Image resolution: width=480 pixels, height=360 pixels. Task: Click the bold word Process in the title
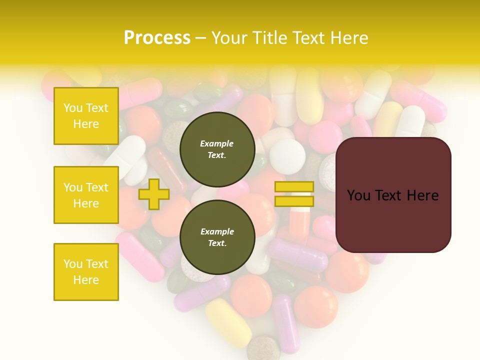pyautogui.click(x=157, y=38)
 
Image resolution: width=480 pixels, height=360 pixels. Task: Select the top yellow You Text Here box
pyautogui.click(x=86, y=116)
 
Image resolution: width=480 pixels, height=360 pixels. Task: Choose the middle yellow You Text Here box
pyautogui.click(x=86, y=195)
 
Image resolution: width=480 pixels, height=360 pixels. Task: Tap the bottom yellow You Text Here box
pyautogui.click(x=86, y=272)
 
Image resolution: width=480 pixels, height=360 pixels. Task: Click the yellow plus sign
pyautogui.click(x=153, y=194)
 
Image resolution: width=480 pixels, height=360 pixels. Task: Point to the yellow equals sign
pyautogui.click(x=294, y=194)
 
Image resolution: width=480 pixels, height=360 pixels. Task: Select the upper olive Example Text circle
pyautogui.click(x=217, y=149)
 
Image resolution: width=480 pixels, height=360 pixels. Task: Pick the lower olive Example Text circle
pyautogui.click(x=217, y=237)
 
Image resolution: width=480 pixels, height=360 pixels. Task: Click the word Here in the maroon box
pyautogui.click(x=422, y=195)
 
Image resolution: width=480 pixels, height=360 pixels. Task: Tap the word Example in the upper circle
pyautogui.click(x=217, y=143)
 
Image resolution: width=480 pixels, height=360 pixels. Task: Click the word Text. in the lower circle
pyautogui.click(x=217, y=243)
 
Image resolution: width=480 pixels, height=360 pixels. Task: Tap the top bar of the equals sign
pyautogui.click(x=294, y=187)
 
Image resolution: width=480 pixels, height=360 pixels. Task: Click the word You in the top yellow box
pyautogui.click(x=73, y=108)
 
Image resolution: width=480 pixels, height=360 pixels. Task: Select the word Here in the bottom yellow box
pyautogui.click(x=86, y=280)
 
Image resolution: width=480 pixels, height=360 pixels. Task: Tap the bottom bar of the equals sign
pyautogui.click(x=294, y=201)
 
